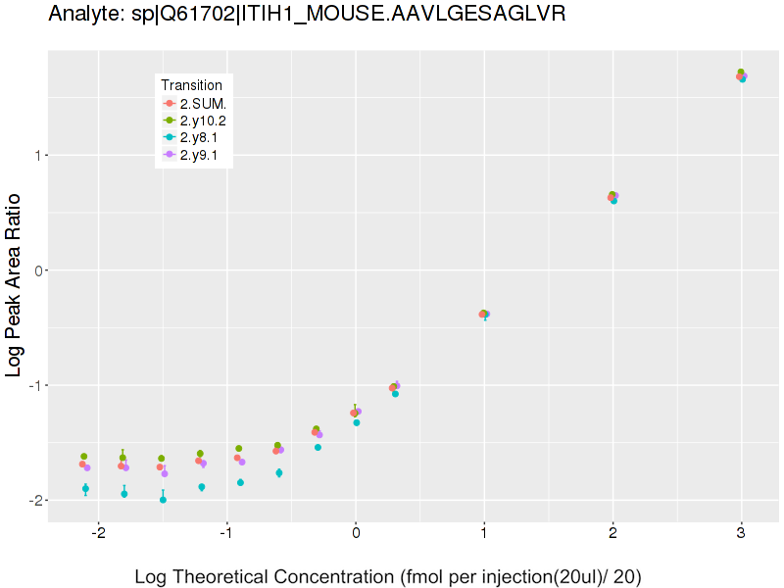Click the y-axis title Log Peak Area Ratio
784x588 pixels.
15,285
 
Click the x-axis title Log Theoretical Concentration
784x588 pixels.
387,576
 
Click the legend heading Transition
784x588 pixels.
191,85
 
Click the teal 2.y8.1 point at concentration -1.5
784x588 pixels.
163,500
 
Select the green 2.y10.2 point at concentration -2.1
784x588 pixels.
84,457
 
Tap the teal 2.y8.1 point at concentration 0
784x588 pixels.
357,422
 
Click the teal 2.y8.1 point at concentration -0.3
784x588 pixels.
318,448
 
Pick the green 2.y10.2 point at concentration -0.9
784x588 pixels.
239,449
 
